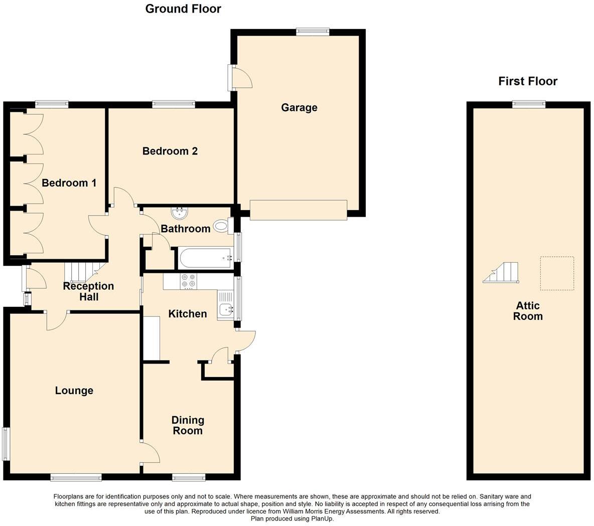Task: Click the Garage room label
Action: (x=299, y=107)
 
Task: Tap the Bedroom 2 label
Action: (x=170, y=151)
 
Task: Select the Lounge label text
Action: (x=74, y=391)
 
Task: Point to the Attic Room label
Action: (x=528, y=311)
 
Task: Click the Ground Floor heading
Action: (x=183, y=9)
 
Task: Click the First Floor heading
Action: (x=528, y=81)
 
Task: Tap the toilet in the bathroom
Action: (x=221, y=226)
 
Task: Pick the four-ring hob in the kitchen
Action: (x=188, y=281)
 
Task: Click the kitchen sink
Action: (x=226, y=310)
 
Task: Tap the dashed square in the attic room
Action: (x=557, y=273)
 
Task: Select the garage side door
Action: (x=239, y=78)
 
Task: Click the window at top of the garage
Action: (x=313, y=32)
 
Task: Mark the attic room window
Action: (x=529, y=104)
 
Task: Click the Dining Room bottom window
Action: (x=188, y=477)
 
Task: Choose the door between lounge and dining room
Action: (x=150, y=453)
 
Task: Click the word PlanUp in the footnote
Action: (x=322, y=519)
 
